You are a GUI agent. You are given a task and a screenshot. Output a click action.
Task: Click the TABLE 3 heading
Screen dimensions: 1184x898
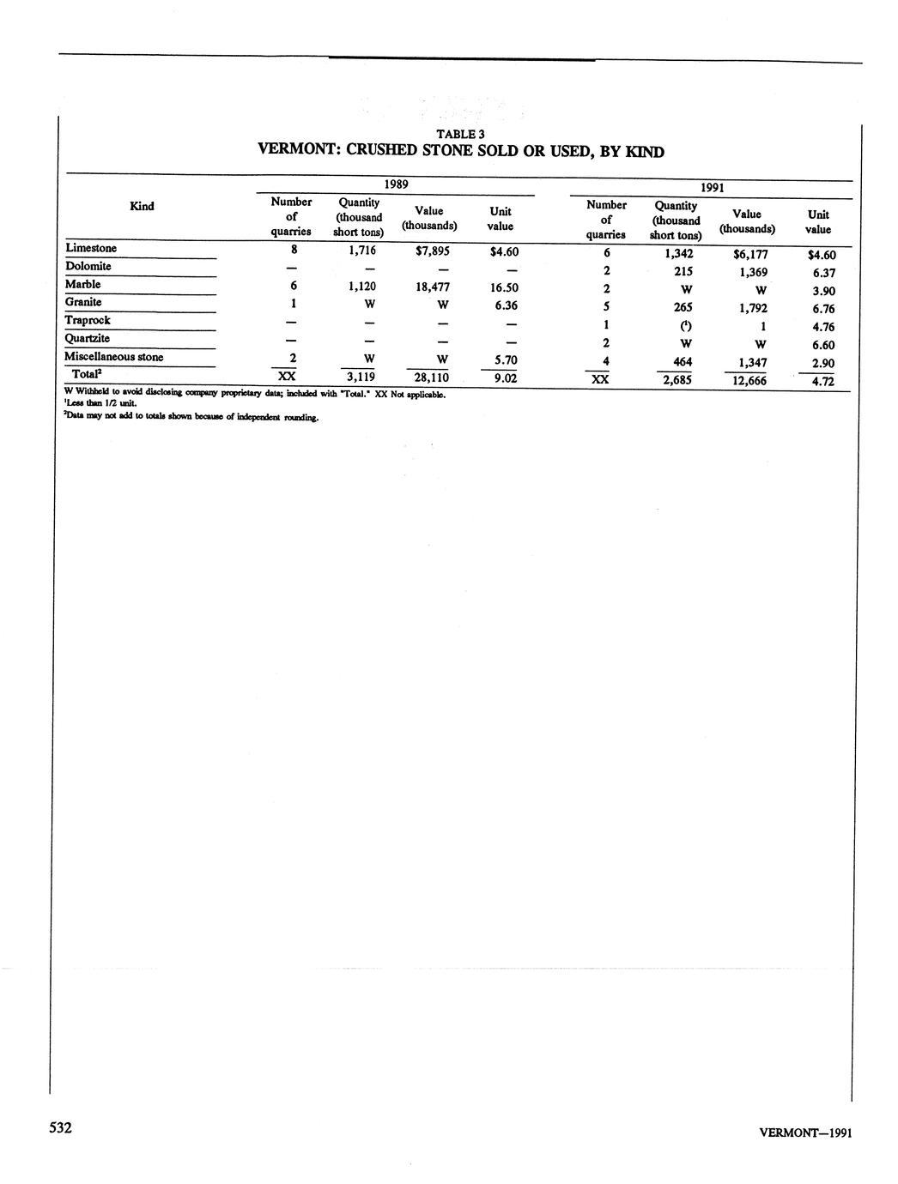point(460,134)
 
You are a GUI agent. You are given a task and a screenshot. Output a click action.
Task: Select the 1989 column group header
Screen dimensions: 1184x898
point(396,184)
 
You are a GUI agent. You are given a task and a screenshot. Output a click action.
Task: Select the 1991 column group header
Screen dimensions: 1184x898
point(712,188)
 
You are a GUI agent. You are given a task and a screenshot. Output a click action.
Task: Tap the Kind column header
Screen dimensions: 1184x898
point(142,206)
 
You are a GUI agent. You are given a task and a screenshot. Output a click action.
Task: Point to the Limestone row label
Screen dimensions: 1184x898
point(91,249)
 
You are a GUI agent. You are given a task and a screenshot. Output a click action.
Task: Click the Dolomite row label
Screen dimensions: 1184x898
point(88,267)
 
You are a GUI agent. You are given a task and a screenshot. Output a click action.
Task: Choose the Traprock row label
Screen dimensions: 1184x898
point(88,321)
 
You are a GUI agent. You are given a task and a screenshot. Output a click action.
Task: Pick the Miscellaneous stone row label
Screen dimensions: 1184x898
point(113,357)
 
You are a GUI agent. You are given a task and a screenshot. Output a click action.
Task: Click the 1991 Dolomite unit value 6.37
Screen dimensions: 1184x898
point(822,273)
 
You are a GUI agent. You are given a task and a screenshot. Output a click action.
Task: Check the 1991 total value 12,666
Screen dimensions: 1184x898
point(747,381)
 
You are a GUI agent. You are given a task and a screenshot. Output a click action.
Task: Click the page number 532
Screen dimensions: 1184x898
point(59,1127)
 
